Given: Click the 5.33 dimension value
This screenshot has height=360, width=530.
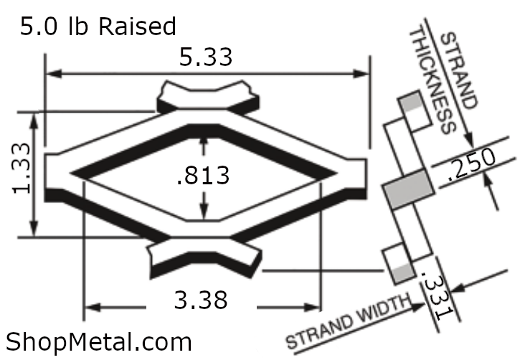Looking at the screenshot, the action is (x=206, y=57).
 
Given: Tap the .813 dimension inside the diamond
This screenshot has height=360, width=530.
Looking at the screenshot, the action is (x=203, y=176).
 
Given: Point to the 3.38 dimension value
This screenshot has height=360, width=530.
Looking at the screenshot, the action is (x=201, y=300).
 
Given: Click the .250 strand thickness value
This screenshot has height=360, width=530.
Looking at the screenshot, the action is (x=471, y=164).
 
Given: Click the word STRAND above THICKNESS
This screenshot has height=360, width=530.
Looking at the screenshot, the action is (x=458, y=70).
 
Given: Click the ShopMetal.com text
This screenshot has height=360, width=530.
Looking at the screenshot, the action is (x=99, y=342).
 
